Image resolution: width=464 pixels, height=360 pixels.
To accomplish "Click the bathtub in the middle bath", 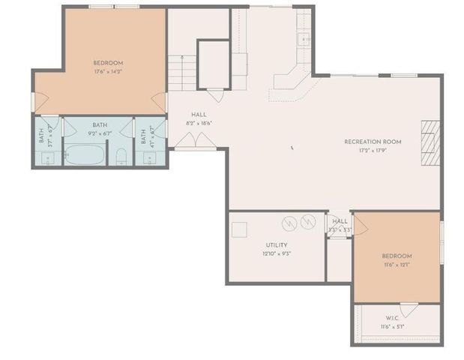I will [x=83, y=154].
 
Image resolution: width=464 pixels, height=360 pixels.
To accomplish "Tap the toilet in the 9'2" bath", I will [x=121, y=156].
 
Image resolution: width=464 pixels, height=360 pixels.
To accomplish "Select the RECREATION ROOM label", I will [x=373, y=141].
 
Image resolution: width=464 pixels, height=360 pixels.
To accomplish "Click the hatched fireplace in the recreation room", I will [x=429, y=142].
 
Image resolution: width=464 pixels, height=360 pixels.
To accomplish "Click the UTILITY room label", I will [x=277, y=244].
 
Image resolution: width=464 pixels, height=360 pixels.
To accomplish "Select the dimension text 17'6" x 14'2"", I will [x=108, y=72].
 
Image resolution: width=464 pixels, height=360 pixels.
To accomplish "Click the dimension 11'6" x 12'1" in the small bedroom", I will [x=397, y=265].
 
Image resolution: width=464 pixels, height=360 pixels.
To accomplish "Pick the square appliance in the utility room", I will [x=239, y=230].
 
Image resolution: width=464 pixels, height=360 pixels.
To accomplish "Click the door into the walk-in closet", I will [x=409, y=309].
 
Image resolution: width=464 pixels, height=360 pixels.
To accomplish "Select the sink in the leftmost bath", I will [x=46, y=158].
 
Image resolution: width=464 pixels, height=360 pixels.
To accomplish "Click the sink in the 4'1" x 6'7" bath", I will [x=146, y=158].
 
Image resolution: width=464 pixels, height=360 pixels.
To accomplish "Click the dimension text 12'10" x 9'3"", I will [x=277, y=253].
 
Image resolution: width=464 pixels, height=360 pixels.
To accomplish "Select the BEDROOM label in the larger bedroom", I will [x=108, y=63].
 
